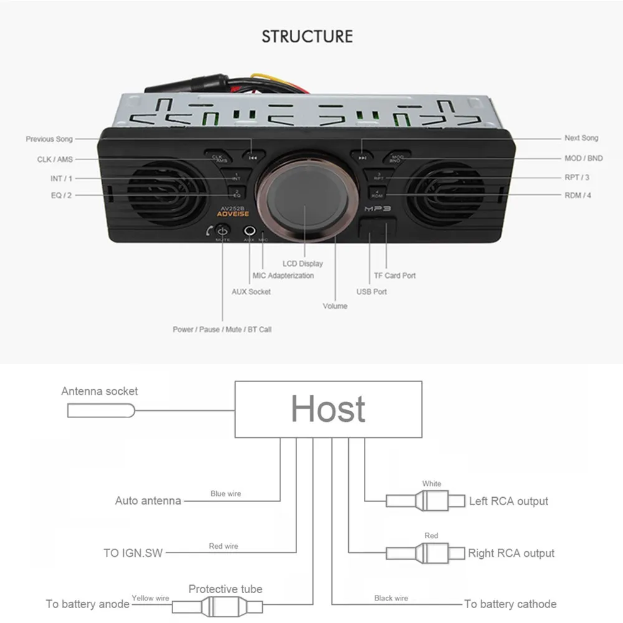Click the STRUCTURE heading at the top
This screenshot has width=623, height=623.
click(307, 36)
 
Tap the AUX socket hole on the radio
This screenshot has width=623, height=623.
click(250, 231)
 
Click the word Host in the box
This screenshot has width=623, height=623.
click(328, 409)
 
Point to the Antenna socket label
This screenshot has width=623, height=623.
click(100, 391)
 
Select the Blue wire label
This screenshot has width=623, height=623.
click(226, 493)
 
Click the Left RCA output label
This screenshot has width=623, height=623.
click(508, 501)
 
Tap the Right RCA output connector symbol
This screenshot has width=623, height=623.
click(426, 553)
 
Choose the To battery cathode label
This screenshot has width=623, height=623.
click(510, 604)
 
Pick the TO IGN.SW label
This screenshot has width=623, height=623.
click(133, 553)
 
